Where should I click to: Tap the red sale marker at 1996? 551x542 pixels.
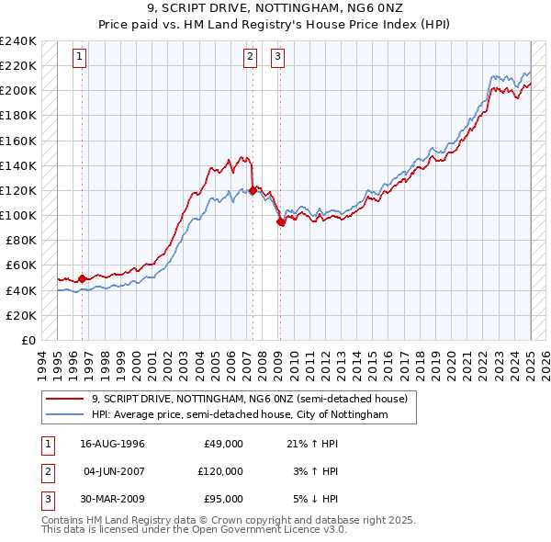pyautogui.click(x=82, y=278)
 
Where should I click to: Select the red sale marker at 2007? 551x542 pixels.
pyautogui.click(x=253, y=190)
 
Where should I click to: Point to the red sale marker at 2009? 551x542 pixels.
pyautogui.click(x=280, y=221)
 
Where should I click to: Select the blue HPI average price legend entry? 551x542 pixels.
pyautogui.click(x=239, y=415)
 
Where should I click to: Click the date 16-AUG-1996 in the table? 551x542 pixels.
pyautogui.click(x=113, y=444)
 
